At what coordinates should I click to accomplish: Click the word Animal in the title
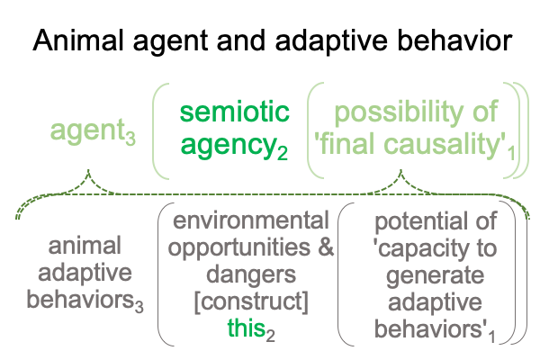click(77, 40)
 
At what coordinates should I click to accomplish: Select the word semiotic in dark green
click(235, 112)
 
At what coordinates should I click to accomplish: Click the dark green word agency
click(228, 146)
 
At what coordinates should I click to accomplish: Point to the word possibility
click(400, 111)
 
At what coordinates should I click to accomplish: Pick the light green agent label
click(87, 130)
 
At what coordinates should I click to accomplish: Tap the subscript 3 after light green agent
click(130, 138)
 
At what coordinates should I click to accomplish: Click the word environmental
click(251, 220)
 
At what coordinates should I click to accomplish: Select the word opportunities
click(239, 248)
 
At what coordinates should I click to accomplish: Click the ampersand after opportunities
click(326, 247)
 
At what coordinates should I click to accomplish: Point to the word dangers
click(251, 274)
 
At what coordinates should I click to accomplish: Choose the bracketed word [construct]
click(251, 301)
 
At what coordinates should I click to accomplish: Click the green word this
click(247, 328)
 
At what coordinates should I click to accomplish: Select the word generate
click(435, 275)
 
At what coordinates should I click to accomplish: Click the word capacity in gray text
click(423, 248)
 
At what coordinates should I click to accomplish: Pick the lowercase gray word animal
click(85, 246)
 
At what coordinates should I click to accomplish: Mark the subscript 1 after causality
click(511, 153)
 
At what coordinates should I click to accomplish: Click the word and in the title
click(240, 40)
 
